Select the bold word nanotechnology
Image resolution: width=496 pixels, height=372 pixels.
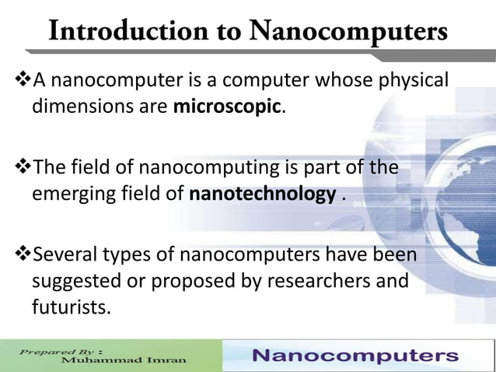[x=262, y=193]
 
